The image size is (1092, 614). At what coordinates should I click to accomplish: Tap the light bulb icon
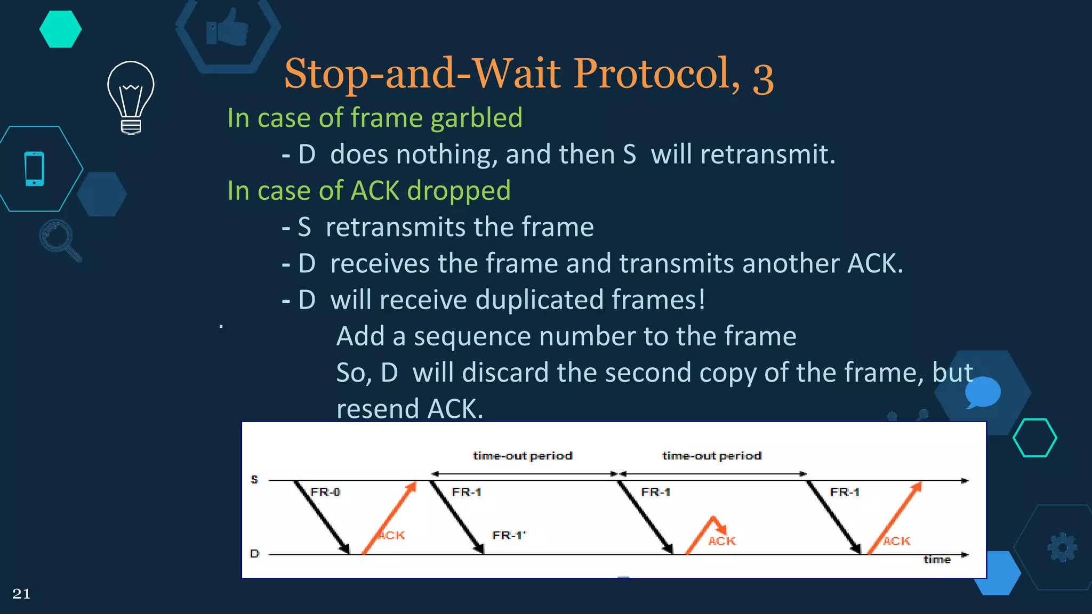point(131,98)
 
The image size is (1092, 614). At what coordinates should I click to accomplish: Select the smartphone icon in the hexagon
point(35,169)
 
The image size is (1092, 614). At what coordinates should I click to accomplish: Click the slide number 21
point(21,594)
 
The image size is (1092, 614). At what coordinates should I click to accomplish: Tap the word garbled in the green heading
point(476,118)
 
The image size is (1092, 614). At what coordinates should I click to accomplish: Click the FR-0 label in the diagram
point(325,492)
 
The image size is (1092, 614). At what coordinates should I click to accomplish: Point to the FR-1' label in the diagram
point(509,535)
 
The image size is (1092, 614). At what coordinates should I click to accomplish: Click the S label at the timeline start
point(254,480)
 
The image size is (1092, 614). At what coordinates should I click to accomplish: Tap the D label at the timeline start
point(254,554)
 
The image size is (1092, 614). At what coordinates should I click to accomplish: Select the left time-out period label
point(523,456)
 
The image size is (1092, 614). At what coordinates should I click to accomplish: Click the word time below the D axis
point(937,560)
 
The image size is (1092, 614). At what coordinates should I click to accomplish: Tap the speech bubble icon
point(982,392)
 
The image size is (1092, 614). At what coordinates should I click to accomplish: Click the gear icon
point(1062,547)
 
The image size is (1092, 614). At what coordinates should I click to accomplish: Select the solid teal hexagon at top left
point(60,29)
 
